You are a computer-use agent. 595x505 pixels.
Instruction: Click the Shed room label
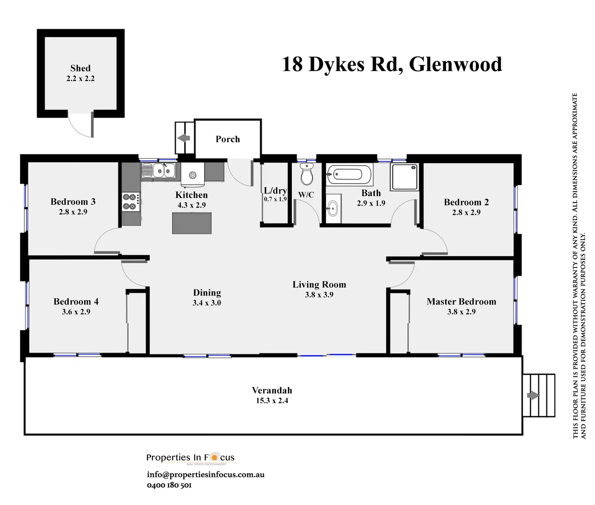click(x=80, y=68)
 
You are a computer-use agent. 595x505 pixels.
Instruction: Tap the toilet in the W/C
click(x=307, y=175)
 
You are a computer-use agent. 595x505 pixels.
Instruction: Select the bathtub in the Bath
click(x=349, y=174)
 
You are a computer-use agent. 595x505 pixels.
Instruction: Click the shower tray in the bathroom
click(x=404, y=177)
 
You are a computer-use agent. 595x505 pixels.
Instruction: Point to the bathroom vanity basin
click(x=333, y=209)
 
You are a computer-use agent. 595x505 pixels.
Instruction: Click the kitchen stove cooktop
click(x=131, y=202)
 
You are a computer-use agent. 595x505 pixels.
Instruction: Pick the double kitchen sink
click(x=158, y=171)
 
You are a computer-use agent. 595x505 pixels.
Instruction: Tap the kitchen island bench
click(x=192, y=223)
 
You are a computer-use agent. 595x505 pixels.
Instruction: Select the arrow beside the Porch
click(x=184, y=138)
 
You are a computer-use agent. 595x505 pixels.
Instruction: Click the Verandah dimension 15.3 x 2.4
click(x=272, y=401)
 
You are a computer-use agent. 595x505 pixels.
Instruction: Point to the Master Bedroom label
click(x=461, y=302)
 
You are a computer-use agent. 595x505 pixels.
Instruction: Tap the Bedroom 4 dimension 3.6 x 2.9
click(x=76, y=312)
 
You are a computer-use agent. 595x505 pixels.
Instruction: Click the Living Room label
click(x=319, y=285)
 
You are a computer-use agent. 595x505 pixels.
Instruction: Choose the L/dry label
click(x=275, y=191)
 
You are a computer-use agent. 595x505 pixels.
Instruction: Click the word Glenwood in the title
click(x=456, y=64)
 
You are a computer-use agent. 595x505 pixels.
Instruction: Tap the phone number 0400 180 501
click(x=169, y=485)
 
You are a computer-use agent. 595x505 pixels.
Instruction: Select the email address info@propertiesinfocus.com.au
click(x=206, y=475)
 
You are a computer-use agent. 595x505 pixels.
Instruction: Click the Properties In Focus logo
click(x=190, y=458)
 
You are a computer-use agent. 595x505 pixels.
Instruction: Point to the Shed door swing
click(x=80, y=125)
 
